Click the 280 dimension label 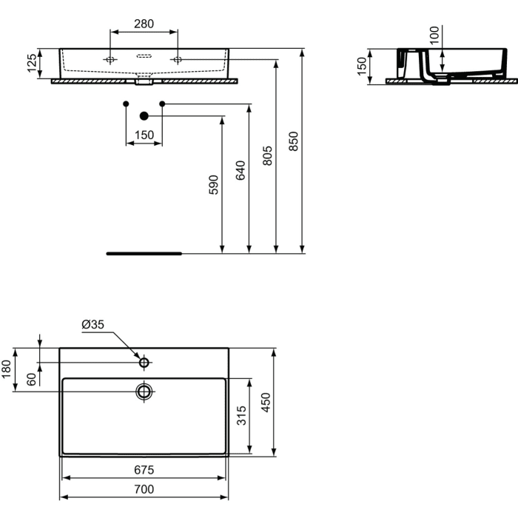[144, 24]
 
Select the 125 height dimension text [32, 64]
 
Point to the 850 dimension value [293, 141]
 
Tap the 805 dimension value [267, 155]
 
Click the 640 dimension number [240, 169]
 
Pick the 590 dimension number [213, 184]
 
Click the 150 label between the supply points [144, 135]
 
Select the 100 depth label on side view [434, 33]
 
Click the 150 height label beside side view [362, 65]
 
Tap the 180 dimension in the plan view [7, 369]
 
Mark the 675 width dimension [144, 469]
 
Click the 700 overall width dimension [144, 489]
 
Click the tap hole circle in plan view [144, 363]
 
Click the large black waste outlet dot [144, 115]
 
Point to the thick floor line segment [144, 253]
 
